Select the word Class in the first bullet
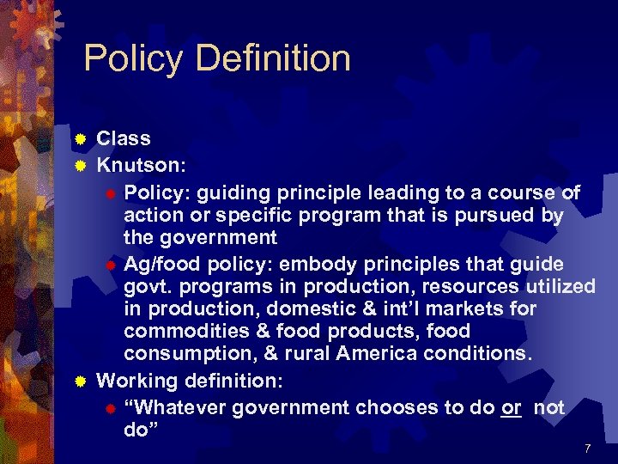click(124, 138)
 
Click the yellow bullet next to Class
click(80, 139)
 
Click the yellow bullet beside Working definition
click(80, 380)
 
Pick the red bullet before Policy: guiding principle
click(111, 192)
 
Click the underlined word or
click(512, 408)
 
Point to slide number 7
click(587, 449)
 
